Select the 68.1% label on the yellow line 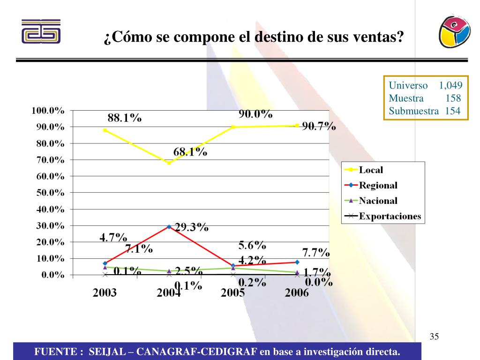[x=190, y=152]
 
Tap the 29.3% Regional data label [x=192, y=228]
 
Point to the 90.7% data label [x=319, y=126]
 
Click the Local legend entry [x=371, y=170]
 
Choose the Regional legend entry [x=378, y=186]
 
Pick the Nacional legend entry [x=378, y=201]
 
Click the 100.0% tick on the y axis [x=48, y=111]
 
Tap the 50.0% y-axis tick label [x=50, y=193]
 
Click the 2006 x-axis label [x=297, y=293]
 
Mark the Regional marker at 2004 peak [x=169, y=227]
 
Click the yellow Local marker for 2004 [x=169, y=163]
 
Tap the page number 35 [x=434, y=337]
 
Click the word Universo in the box [x=408, y=86]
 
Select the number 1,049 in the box [x=450, y=86]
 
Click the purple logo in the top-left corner [x=41, y=31]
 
